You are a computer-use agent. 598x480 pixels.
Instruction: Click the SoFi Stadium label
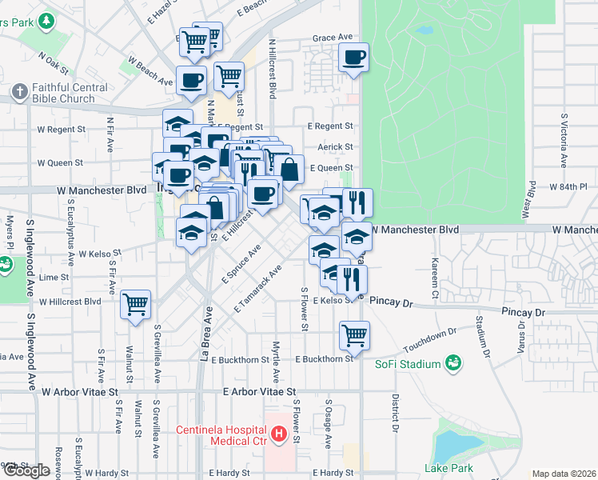click(409, 365)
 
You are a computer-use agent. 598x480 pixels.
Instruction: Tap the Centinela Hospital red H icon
click(279, 435)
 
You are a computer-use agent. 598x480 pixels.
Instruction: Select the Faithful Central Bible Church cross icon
click(20, 92)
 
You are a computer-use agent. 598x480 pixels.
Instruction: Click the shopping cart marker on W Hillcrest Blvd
click(136, 304)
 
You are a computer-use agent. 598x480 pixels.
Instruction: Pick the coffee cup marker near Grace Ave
click(353, 58)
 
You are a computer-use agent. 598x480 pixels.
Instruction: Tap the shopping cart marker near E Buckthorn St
click(354, 335)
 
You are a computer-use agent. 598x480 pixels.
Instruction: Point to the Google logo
click(26, 470)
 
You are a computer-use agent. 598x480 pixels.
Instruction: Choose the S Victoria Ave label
click(564, 140)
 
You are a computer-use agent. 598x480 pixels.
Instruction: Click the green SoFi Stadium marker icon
click(453, 364)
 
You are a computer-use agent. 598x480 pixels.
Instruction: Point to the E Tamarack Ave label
click(259, 289)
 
